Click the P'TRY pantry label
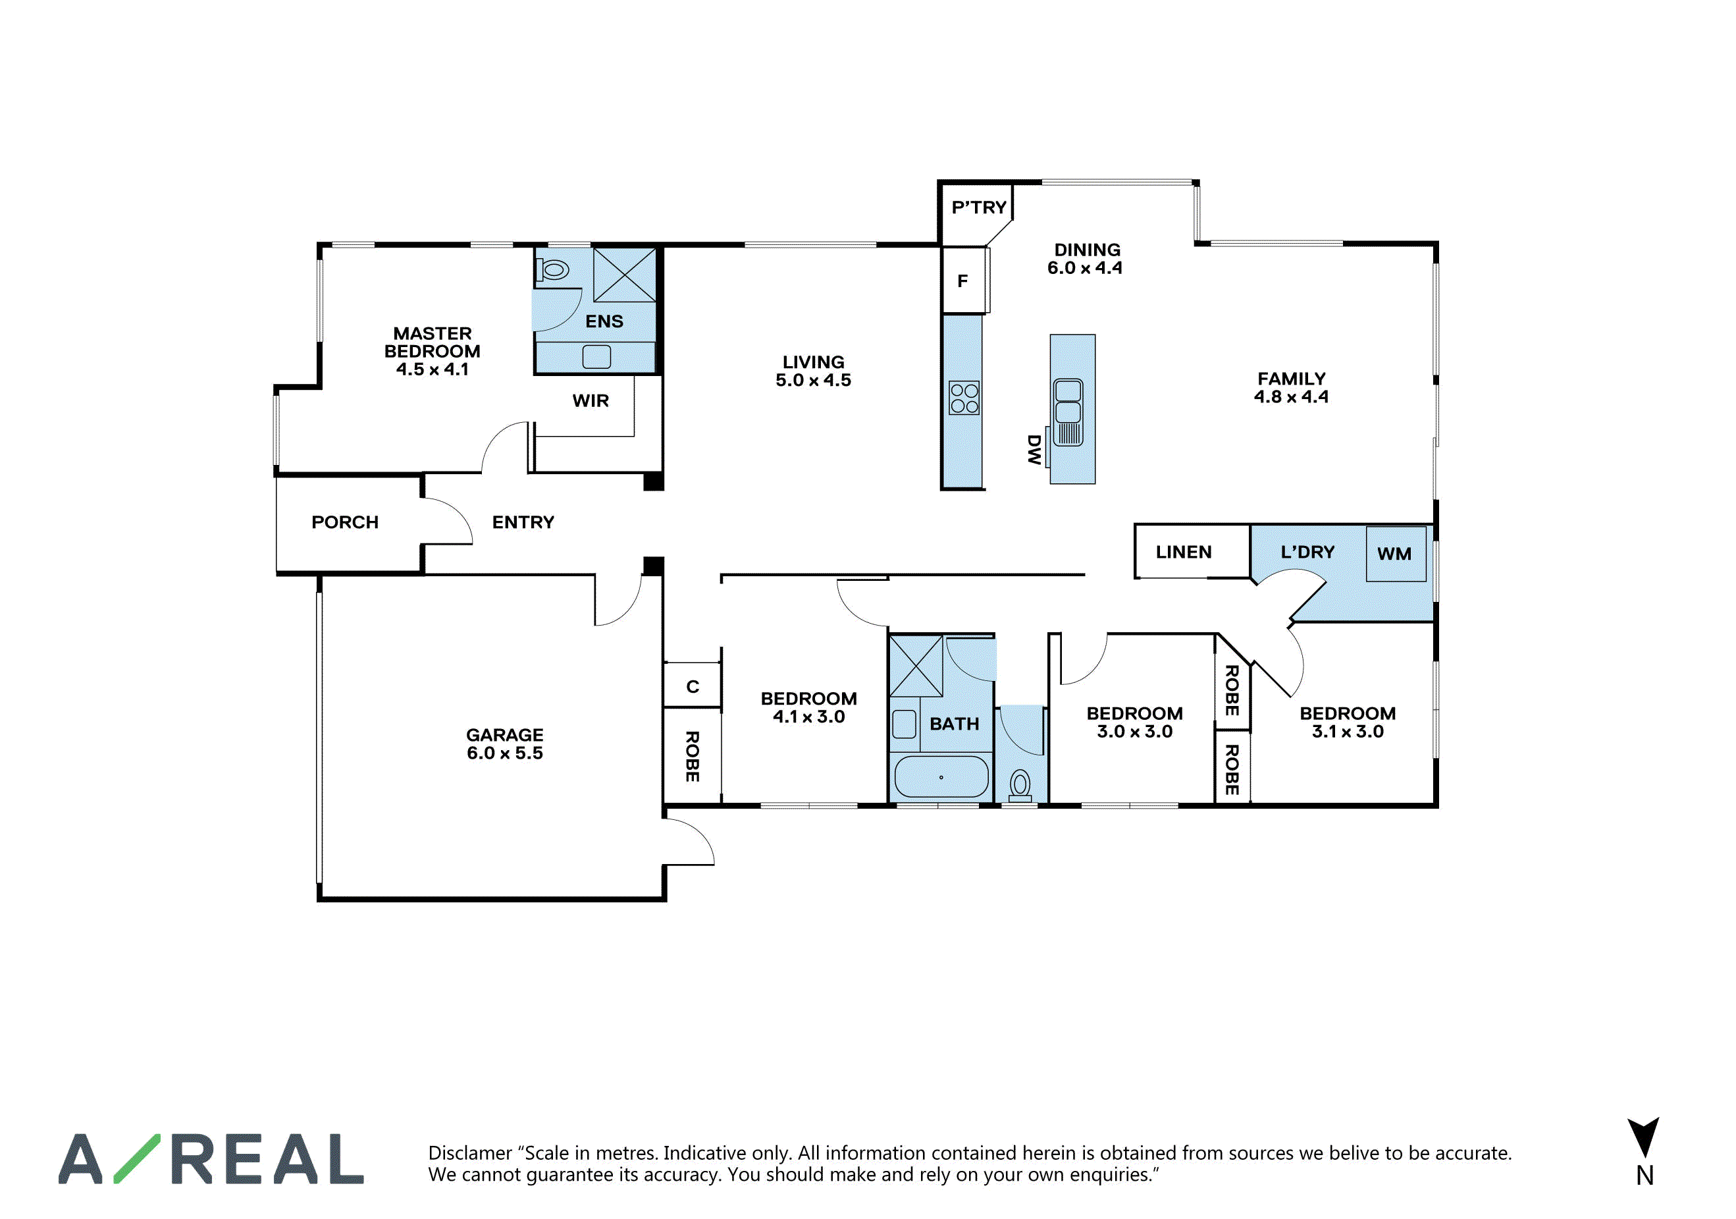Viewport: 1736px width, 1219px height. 978,207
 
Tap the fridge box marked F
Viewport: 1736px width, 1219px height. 964,281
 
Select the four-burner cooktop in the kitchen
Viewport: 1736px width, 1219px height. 964,398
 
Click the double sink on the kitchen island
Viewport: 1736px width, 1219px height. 1068,412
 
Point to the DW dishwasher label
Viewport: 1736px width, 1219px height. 1034,449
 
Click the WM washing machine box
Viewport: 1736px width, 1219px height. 1395,554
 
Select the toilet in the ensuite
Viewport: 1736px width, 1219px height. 553,269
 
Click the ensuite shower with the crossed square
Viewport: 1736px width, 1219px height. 625,275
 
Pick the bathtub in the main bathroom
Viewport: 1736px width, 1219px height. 941,776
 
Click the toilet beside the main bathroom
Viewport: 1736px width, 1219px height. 1020,786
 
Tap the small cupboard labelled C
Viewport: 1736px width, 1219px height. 692,686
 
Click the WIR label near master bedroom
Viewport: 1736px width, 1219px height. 591,401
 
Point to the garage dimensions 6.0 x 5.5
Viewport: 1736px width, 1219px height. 504,753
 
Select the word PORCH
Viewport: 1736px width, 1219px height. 345,522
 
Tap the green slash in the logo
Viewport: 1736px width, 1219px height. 137,1158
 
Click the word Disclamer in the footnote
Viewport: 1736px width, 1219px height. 469,1152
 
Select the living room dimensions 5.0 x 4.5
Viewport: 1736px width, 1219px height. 813,381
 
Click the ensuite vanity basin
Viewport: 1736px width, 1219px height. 596,356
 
